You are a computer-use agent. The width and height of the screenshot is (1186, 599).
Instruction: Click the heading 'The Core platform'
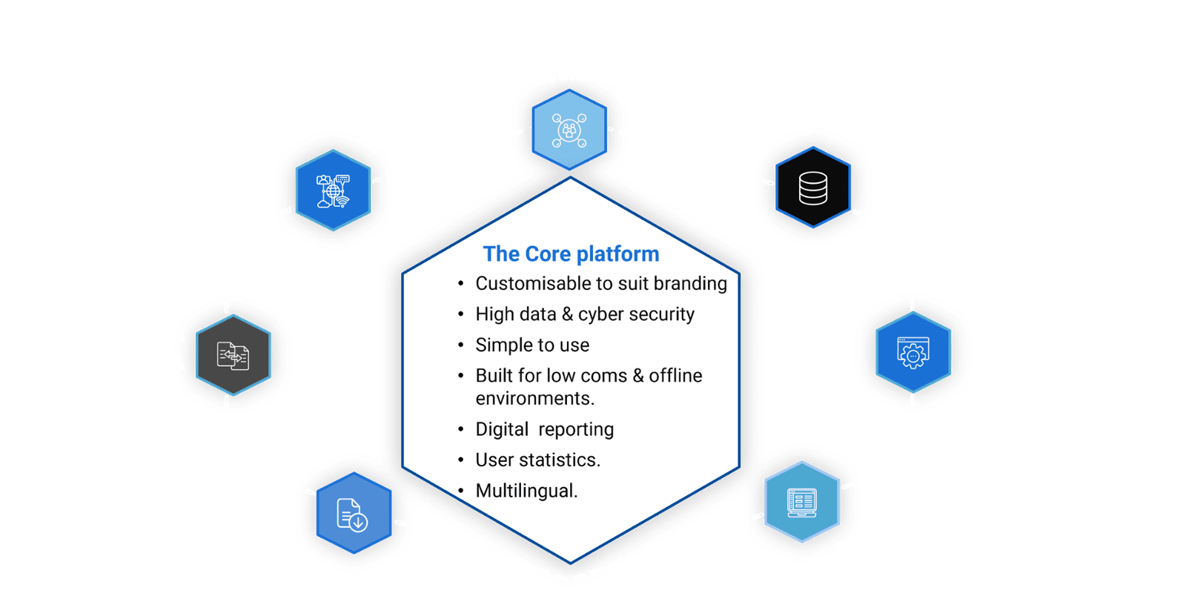point(571,254)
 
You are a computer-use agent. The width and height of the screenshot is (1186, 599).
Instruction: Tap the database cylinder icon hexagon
point(813,188)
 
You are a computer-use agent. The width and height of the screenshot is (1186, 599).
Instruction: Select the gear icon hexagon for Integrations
point(912,352)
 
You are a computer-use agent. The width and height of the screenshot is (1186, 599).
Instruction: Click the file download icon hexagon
point(353,513)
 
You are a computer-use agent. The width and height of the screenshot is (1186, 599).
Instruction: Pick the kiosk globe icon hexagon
point(333,190)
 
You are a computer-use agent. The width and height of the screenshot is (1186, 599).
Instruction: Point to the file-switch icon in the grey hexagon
point(233,355)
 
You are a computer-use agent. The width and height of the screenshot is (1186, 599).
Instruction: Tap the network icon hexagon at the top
point(569,130)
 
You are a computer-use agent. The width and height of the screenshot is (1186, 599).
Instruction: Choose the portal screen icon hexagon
point(801,502)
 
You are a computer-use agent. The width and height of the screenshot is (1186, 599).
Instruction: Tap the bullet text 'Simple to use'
point(532,345)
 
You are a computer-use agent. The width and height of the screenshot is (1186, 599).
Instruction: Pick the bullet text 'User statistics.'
point(537,460)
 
